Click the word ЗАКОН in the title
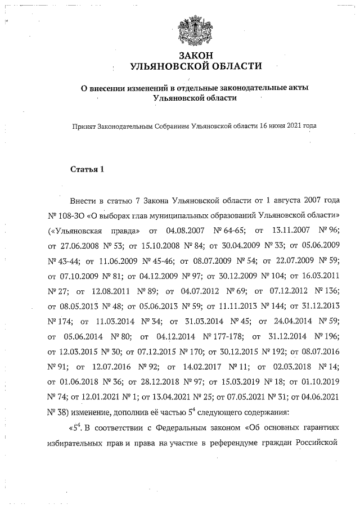click(196, 55)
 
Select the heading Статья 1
click(87, 169)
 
